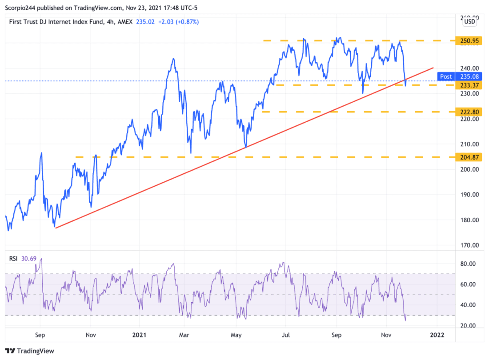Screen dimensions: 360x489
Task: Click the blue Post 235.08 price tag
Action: pos(463,76)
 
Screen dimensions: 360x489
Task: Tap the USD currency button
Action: pos(469,20)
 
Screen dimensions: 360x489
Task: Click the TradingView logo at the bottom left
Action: pos(30,351)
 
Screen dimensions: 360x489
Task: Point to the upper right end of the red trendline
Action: pos(433,68)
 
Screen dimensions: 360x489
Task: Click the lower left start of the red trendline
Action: pos(55,228)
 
